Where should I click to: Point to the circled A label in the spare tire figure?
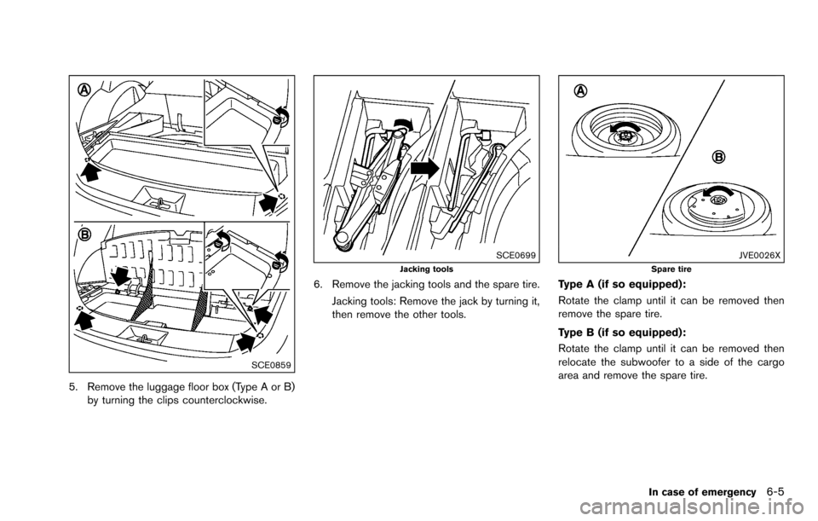[579, 92]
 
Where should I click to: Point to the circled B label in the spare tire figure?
[719, 157]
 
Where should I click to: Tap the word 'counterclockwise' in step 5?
[216, 402]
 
